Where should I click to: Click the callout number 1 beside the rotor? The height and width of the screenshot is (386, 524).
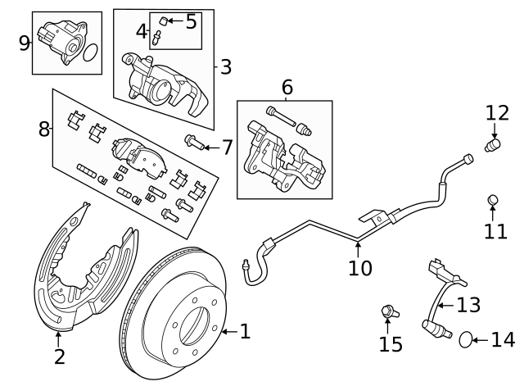coord(244,332)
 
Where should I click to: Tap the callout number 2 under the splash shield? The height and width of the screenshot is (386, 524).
coord(59,356)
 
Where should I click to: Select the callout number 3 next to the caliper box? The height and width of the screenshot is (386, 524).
coord(226,66)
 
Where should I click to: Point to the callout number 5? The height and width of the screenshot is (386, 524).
coord(191,21)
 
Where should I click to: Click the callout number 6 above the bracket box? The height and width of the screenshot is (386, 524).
coord(287,87)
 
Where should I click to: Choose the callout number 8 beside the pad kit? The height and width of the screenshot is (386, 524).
coord(43,128)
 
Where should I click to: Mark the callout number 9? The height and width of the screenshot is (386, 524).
coord(25,43)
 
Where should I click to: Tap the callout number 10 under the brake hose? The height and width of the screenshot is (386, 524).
coord(359,267)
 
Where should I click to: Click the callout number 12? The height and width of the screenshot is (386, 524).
coord(496,112)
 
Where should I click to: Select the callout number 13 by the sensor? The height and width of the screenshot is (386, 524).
coord(468,305)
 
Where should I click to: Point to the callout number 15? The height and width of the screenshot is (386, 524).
coord(391,343)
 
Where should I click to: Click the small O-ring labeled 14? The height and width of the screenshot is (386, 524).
coord(465,338)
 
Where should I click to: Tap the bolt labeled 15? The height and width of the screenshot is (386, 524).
coord(389,311)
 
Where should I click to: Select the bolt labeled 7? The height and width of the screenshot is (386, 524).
coord(194,143)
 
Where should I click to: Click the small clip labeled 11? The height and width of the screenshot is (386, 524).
coord(494,200)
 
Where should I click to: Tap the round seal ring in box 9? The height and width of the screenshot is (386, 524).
coord(91,53)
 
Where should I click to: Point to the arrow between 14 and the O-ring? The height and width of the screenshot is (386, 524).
coord(481,338)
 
